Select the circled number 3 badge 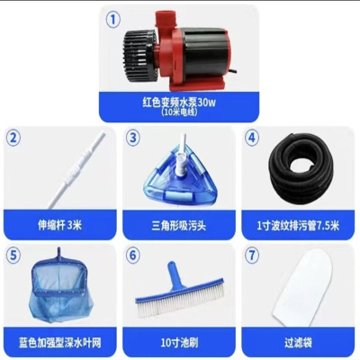tap(134, 138)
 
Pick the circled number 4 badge tap(253, 138)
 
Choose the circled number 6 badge tap(134, 256)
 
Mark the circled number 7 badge tap(253, 256)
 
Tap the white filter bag tap(300, 292)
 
